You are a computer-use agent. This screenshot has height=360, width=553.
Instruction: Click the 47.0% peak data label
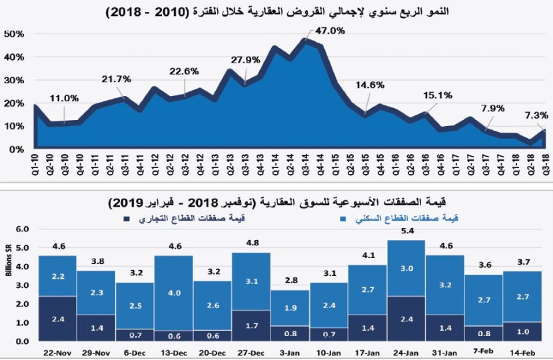(x=330, y=31)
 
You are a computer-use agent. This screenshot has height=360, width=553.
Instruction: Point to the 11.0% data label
(x=63, y=98)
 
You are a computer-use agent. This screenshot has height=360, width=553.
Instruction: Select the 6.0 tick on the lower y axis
(x=22, y=229)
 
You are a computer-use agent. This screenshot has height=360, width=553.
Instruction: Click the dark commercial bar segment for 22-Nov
(x=57, y=319)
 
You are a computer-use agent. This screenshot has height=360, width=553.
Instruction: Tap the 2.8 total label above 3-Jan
(x=290, y=279)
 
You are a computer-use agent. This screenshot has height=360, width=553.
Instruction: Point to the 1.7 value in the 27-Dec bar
(x=252, y=326)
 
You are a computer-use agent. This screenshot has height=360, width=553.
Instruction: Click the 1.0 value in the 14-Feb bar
(x=523, y=331)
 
